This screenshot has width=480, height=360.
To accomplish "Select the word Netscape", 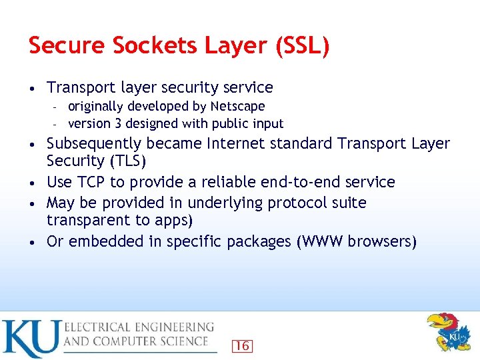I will (x=237, y=106).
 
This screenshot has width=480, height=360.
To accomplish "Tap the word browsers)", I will (x=385, y=241).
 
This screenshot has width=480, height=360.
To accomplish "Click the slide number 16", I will (x=241, y=345).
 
